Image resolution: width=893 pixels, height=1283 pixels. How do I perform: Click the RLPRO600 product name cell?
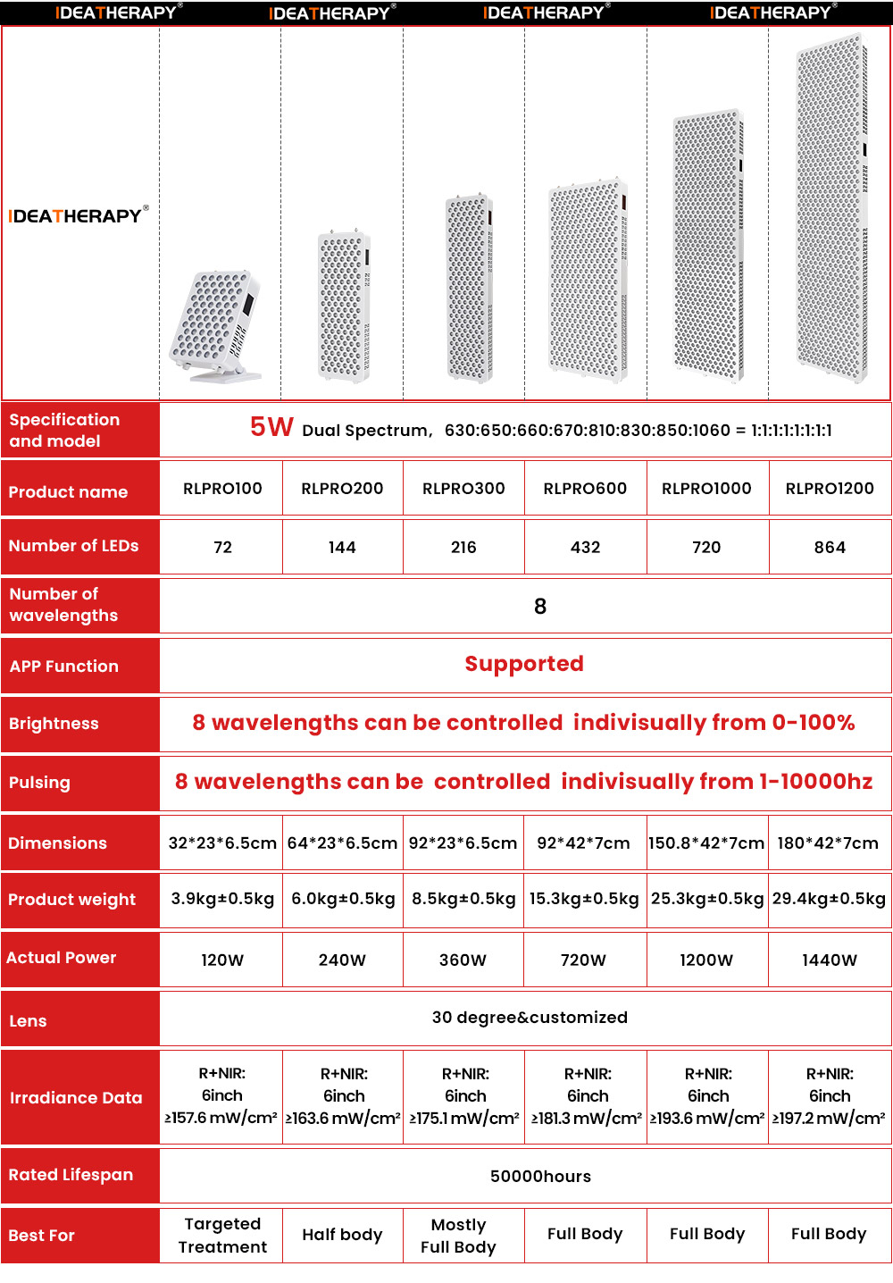[585, 489]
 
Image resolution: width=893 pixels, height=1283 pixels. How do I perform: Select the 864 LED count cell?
[830, 547]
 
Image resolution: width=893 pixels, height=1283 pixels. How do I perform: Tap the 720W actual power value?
[583, 960]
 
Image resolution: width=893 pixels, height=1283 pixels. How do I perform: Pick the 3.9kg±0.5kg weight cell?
[222, 899]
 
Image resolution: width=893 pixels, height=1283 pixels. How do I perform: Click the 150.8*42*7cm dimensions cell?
[706, 843]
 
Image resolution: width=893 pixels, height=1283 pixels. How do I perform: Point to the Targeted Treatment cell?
[222, 1235]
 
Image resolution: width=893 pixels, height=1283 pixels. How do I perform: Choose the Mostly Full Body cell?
[458, 1235]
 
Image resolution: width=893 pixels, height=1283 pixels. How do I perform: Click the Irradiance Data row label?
[76, 1097]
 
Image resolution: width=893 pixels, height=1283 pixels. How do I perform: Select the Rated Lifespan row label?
[71, 1174]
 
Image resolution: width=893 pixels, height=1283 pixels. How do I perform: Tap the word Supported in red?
[524, 664]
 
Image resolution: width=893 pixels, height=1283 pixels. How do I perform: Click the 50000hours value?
[540, 1176]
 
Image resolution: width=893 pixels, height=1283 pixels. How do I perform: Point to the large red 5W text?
[271, 427]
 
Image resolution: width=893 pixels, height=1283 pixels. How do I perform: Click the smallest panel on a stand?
[217, 326]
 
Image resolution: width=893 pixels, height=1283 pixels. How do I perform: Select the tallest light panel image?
[830, 210]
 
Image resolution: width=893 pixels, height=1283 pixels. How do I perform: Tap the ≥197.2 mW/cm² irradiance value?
[829, 1118]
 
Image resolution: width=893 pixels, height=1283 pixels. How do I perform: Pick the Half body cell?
[342, 1235]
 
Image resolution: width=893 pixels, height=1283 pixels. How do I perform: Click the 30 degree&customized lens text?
[530, 1017]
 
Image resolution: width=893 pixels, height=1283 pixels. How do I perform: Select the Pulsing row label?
[39, 782]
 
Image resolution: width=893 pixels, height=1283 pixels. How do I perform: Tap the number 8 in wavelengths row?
[540, 607]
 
